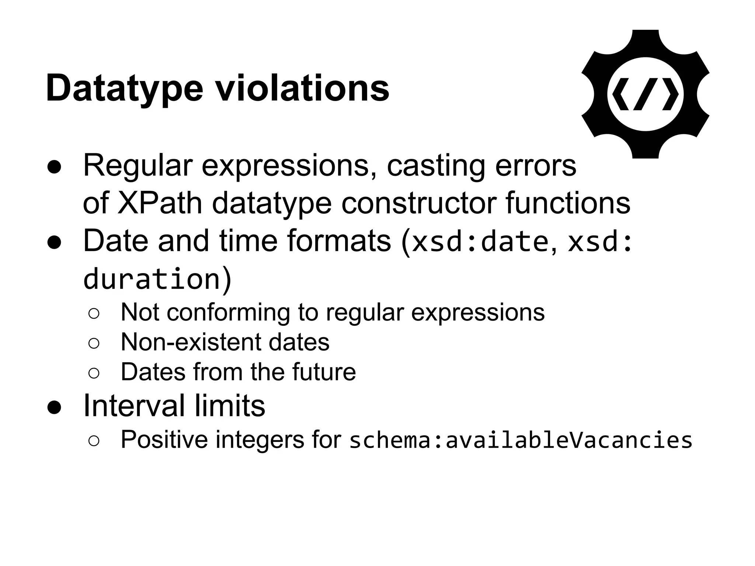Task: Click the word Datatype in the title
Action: click(x=124, y=88)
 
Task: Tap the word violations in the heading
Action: click(x=302, y=88)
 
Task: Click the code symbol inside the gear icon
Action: click(x=645, y=94)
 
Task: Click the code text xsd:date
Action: click(x=480, y=242)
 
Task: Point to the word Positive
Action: click(x=164, y=440)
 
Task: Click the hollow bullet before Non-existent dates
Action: click(x=94, y=343)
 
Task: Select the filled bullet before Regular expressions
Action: click(x=54, y=167)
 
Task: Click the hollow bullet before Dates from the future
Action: click(x=94, y=373)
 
